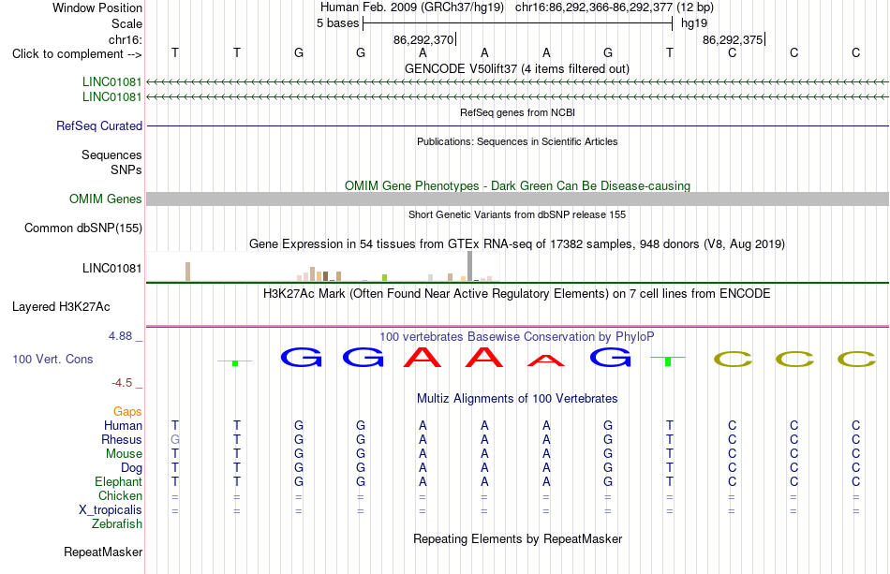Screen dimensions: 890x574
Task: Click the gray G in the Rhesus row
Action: point(175,439)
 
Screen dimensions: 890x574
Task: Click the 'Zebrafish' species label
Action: point(117,524)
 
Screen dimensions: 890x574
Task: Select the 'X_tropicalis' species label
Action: point(111,510)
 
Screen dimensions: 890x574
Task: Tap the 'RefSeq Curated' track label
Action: point(99,125)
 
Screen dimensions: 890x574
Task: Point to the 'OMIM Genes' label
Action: point(106,199)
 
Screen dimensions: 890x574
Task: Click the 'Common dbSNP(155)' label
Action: point(83,228)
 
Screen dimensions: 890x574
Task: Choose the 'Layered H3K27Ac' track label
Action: point(61,307)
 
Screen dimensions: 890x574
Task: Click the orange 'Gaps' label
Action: point(127,411)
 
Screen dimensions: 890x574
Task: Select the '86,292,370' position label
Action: point(423,39)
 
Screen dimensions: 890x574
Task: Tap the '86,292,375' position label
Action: point(733,39)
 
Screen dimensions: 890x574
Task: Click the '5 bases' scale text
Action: point(337,23)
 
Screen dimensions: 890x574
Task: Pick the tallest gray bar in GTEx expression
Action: point(470,266)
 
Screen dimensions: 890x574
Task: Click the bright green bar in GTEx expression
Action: point(385,277)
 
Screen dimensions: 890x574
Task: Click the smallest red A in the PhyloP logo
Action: point(546,361)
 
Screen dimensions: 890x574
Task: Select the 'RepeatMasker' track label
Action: point(103,552)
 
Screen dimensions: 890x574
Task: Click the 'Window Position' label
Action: point(97,7)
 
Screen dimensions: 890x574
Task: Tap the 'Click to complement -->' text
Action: point(77,54)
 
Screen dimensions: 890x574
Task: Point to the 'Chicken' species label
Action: point(120,495)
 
